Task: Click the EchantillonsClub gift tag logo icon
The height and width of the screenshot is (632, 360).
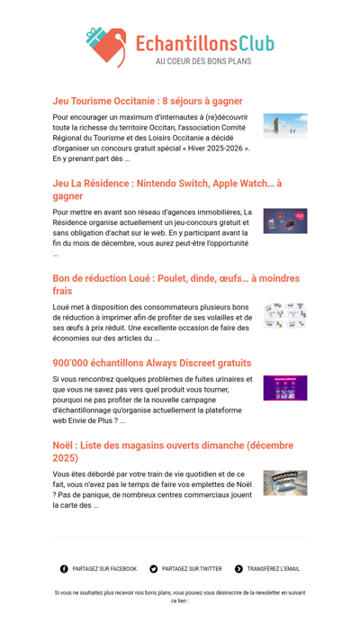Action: pos(107,48)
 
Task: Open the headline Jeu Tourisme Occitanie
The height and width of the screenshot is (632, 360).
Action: pos(148,101)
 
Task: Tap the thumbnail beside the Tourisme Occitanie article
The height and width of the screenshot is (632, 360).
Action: pos(284,124)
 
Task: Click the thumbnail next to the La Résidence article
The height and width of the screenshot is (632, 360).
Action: pos(284,221)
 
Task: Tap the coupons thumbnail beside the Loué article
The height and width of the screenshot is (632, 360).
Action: pos(284,316)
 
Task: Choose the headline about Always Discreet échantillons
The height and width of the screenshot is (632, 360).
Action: pos(152,363)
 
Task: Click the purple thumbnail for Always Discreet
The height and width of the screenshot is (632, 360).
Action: pos(284,388)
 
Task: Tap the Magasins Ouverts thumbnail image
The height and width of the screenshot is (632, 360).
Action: pos(284,483)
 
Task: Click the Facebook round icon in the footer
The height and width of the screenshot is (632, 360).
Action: pos(64,569)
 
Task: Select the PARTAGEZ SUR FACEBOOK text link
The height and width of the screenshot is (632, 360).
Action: pos(104,569)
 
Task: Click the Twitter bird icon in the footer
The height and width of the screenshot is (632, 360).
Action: pos(154,569)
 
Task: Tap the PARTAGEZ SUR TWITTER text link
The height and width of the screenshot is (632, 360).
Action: pos(192,569)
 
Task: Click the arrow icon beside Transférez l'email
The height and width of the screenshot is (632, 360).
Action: pos(238,569)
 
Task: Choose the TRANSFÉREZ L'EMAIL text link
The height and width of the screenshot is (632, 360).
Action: pos(274,569)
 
